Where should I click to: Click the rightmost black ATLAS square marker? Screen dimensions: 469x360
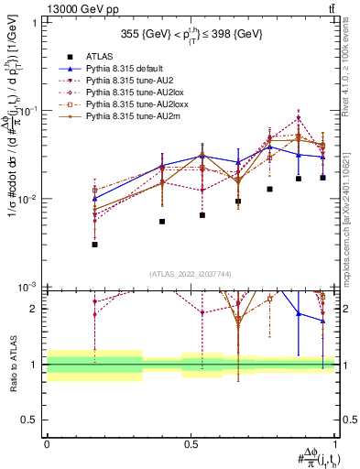coord(323,178)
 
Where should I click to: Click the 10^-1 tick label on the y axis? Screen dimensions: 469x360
coord(28,110)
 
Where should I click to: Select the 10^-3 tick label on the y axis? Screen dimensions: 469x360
coord(28,287)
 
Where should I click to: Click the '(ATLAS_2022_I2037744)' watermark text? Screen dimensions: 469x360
coord(191,274)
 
